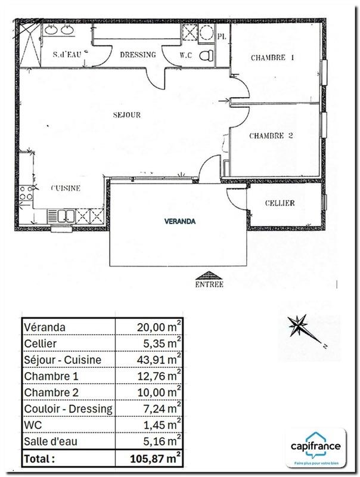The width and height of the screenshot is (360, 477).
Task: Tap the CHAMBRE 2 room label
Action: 271,136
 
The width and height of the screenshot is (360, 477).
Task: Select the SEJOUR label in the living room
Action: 128,114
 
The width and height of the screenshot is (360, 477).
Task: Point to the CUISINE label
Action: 66,188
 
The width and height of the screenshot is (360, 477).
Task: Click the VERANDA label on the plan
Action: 180,221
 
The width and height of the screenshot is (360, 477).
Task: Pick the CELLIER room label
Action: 280,203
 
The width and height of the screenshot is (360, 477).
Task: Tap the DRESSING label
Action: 138,55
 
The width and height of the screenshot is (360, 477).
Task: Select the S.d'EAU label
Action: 67,55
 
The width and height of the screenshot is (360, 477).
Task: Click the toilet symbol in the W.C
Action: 206,55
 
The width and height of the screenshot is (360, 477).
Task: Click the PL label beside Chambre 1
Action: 222,36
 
